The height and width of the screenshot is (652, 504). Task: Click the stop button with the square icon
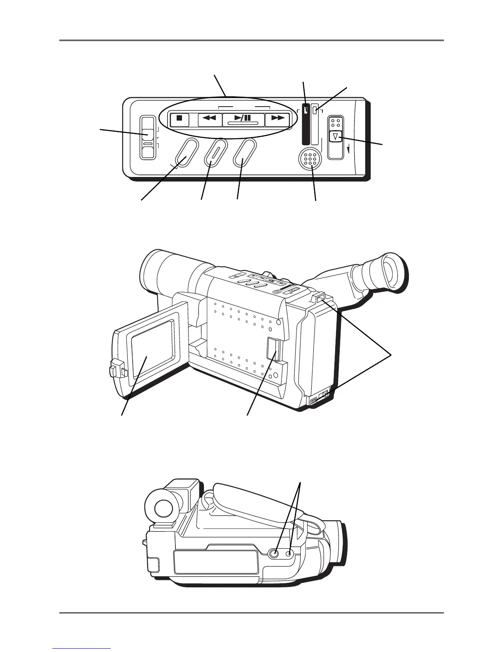(x=179, y=119)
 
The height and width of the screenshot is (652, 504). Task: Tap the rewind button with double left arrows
(x=210, y=119)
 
